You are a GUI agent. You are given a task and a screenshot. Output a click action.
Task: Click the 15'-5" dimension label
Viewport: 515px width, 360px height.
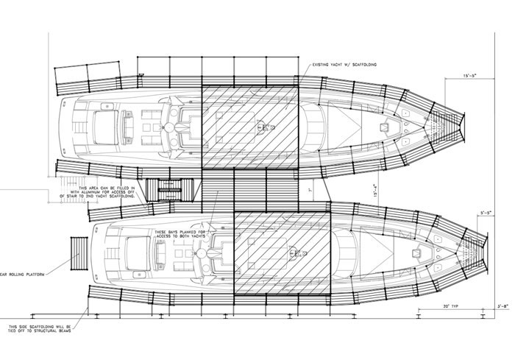tap(474, 76)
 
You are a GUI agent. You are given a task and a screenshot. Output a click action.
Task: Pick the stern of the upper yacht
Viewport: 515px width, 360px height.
tap(65, 126)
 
